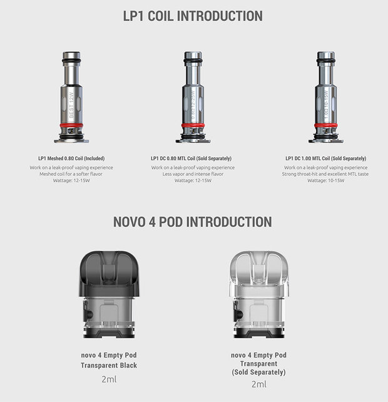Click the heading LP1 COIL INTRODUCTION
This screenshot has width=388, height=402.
tap(193, 16)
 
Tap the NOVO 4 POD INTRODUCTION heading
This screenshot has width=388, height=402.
tap(193, 222)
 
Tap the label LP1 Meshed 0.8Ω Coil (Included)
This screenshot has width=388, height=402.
tap(71, 158)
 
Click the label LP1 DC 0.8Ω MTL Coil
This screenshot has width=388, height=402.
tap(193, 158)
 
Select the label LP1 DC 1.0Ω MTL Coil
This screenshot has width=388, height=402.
tap(325, 158)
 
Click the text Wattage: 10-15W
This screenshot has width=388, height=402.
tap(325, 180)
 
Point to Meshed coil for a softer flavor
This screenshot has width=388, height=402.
tap(71, 174)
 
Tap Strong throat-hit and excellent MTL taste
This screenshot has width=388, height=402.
tap(325, 174)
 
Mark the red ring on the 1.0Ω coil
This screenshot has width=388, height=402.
tap(325, 125)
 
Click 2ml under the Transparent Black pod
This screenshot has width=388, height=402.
tap(108, 379)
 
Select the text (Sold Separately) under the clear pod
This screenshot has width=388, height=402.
tap(258, 373)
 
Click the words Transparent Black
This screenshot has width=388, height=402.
tap(108, 365)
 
